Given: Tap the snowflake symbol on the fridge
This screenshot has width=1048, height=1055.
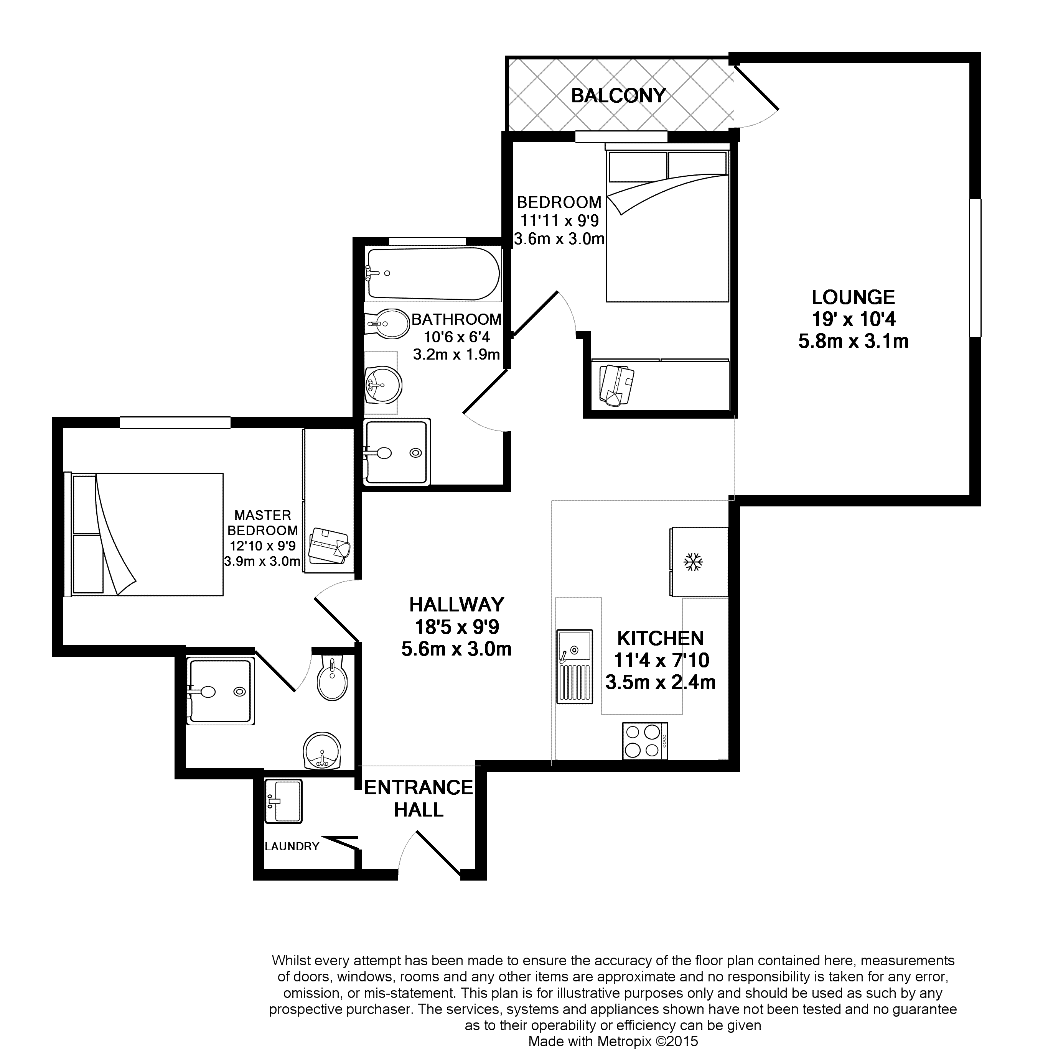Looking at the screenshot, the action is (x=694, y=562).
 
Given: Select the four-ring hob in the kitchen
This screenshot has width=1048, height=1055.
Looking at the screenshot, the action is (x=645, y=741).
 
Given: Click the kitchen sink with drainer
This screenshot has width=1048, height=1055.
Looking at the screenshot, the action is (x=574, y=667).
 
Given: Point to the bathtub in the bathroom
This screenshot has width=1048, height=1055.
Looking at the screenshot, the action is (x=433, y=274).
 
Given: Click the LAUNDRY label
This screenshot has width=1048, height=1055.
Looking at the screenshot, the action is (x=292, y=846).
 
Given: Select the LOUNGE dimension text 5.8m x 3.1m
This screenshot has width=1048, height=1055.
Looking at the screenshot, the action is (x=853, y=341).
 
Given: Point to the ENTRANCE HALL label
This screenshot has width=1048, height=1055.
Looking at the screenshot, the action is (x=419, y=799).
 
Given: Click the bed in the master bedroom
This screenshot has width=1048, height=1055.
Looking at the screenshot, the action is (x=144, y=534).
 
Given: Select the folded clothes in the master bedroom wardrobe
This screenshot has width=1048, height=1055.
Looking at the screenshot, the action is (x=329, y=546).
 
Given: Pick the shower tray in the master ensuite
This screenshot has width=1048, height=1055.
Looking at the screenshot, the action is (x=220, y=691).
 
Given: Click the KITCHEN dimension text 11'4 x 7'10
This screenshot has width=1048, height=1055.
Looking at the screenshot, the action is (x=661, y=660).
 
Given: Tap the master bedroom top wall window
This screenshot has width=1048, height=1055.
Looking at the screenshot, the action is (x=175, y=423).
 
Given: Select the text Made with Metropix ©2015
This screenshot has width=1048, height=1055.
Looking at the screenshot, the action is (x=613, y=1042).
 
